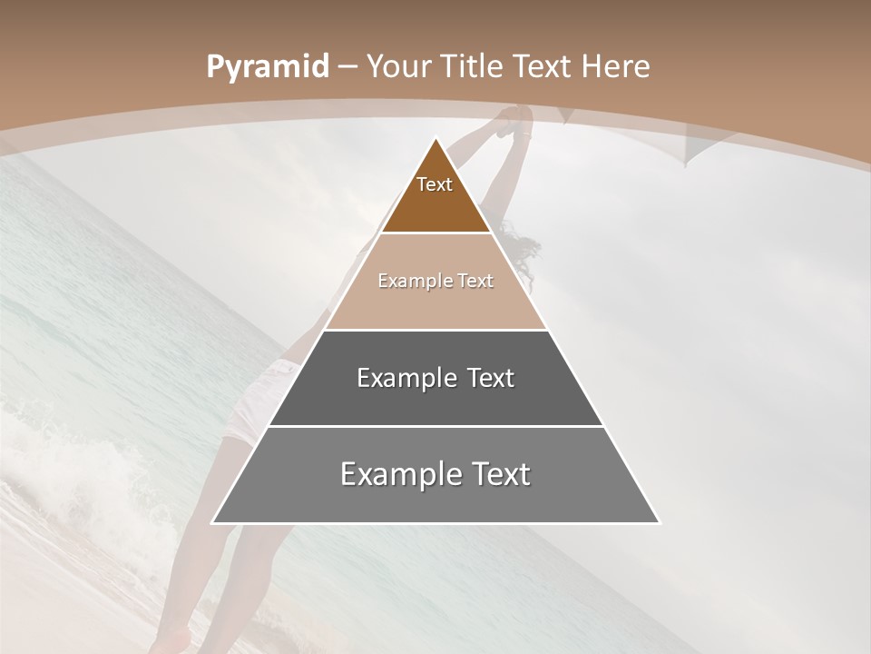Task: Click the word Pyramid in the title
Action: pyautogui.click(x=267, y=67)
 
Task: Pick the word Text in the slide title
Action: pyautogui.click(x=543, y=67)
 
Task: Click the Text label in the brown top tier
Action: pyautogui.click(x=435, y=185)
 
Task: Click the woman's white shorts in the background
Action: pyautogui.click(x=259, y=400)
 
